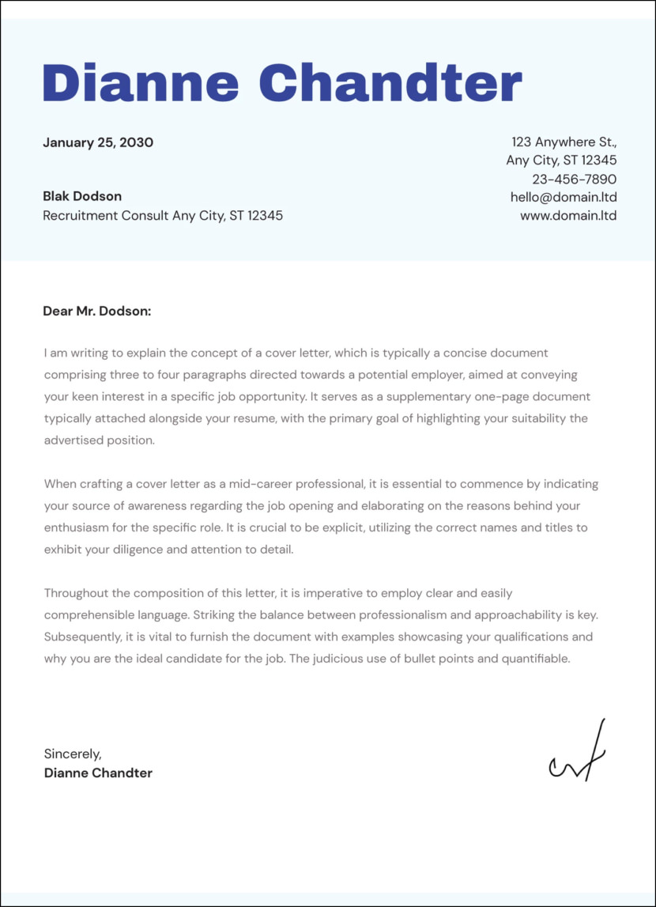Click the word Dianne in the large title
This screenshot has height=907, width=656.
tap(140, 81)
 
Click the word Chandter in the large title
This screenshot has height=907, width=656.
tap(390, 81)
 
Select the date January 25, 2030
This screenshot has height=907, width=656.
tap(98, 143)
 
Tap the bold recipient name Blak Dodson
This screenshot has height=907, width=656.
tap(82, 196)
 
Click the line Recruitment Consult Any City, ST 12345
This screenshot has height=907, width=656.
tap(163, 215)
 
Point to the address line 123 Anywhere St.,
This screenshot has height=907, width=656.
tap(564, 142)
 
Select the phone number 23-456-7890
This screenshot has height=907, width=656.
tap(574, 179)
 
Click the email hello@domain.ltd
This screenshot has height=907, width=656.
tap(564, 197)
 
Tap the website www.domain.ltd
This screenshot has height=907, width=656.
tap(568, 215)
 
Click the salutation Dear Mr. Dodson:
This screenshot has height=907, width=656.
tap(96, 312)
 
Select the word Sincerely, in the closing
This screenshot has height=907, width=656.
tap(73, 754)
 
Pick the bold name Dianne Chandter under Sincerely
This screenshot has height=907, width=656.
tap(98, 773)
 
